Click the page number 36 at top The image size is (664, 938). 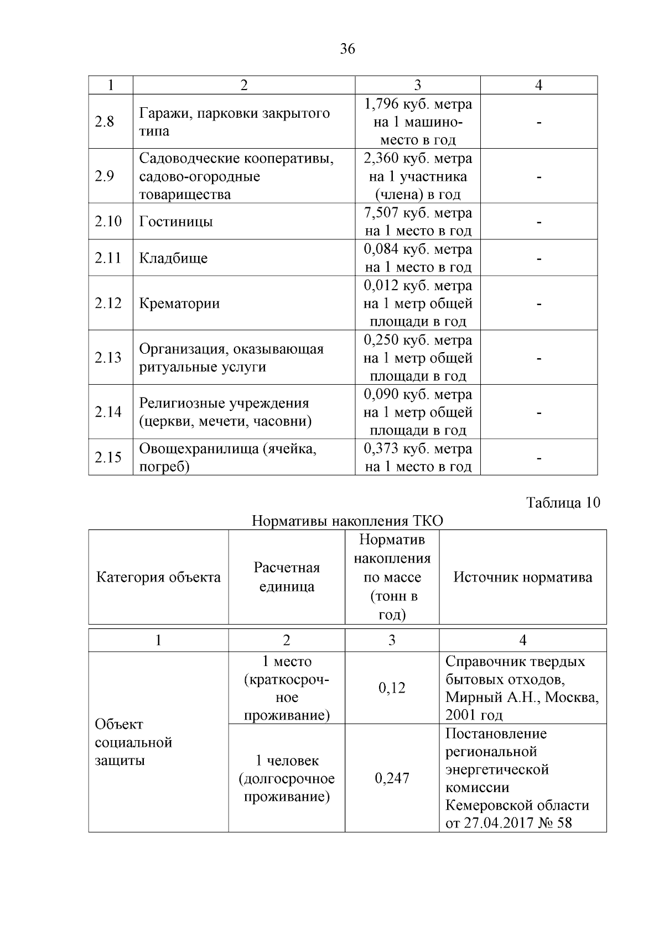click(347, 49)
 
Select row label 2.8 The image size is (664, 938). click(104, 122)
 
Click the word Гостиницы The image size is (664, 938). click(176, 222)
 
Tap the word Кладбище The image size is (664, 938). click(173, 259)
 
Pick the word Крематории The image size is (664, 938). click(179, 304)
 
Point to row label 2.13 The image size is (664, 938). click(108, 358)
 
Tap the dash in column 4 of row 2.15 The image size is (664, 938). click(538, 458)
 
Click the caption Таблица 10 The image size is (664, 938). click(563, 503)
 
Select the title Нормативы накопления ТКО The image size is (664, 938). click(347, 521)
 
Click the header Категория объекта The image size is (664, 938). click(158, 578)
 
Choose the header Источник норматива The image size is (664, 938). click(522, 578)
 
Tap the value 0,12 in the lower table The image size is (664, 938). click(392, 688)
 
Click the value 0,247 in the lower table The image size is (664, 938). click(392, 778)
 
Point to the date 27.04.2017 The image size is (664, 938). click(501, 823)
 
